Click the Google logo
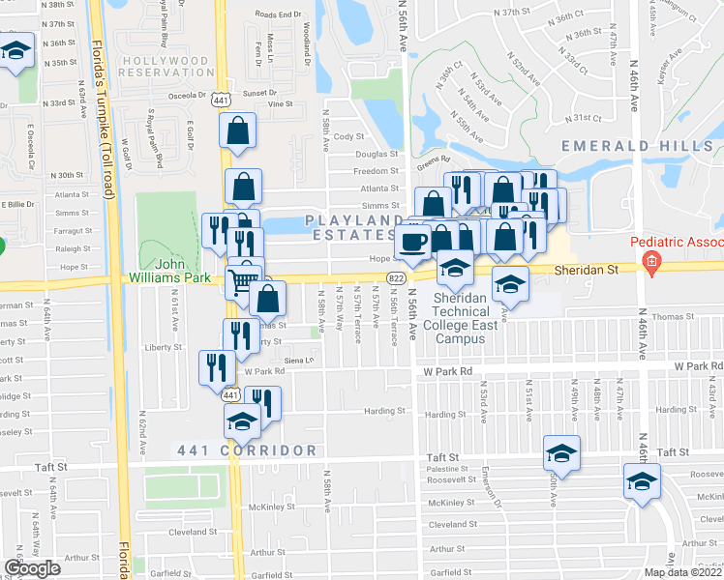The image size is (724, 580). tap(33, 568)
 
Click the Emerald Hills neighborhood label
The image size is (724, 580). tap(638, 146)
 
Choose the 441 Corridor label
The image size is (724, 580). tap(248, 450)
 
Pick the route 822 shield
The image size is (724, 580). tap(396, 277)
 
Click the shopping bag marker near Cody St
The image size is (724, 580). tap(238, 132)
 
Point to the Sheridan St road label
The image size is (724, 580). tap(597, 271)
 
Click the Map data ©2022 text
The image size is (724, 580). tap(682, 572)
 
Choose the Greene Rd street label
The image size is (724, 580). tap(433, 159)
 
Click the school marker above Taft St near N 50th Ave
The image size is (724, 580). tap(561, 452)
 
